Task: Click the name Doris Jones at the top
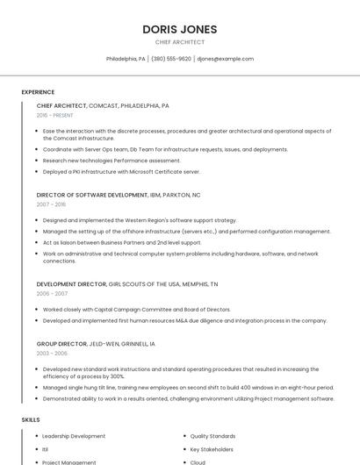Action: tap(179, 29)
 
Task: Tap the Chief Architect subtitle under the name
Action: tap(179, 42)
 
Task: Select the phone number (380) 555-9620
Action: tap(171, 59)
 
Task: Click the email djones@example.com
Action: tap(225, 59)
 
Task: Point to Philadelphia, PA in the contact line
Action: tap(126, 59)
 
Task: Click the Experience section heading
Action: tap(38, 92)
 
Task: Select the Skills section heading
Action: tap(31, 420)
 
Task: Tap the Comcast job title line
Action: tap(103, 105)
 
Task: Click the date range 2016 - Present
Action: tap(54, 115)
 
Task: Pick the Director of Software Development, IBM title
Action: tap(119, 195)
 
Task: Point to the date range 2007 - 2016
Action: tap(51, 204)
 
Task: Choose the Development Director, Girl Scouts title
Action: tap(127, 284)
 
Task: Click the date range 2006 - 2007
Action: tap(52, 293)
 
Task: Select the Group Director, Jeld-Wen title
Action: tap(96, 344)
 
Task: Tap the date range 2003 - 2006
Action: tap(52, 353)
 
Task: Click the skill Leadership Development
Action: tap(74, 436)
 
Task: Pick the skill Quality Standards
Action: tap(212, 436)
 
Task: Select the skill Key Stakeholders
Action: tap(212, 449)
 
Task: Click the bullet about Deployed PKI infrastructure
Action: tap(121, 172)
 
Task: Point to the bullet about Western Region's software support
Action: tap(140, 220)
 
